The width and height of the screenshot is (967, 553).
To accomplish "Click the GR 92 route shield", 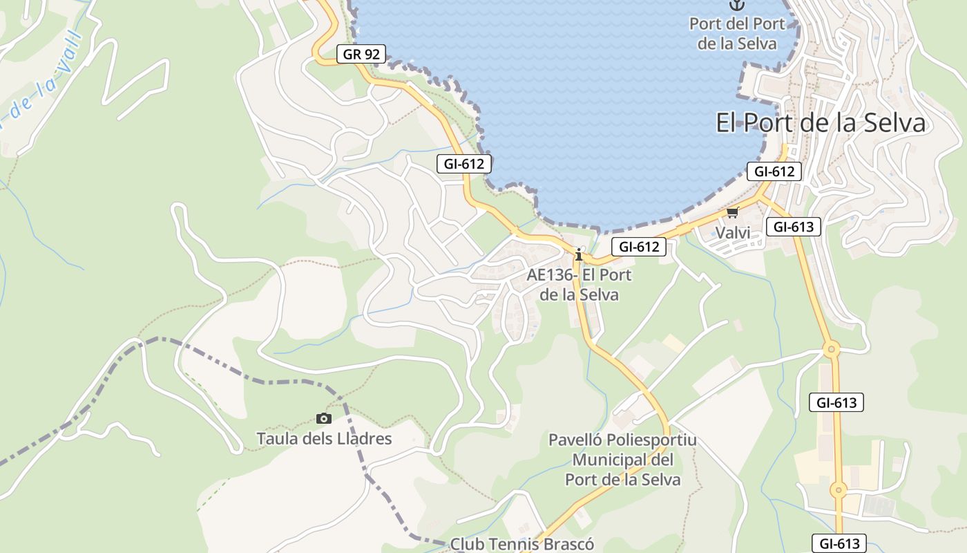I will point(361,54).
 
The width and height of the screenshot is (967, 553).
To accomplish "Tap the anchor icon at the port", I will point(738,5).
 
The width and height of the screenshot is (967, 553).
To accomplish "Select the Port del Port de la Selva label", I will point(737,33).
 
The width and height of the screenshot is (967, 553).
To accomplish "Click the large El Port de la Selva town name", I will point(820,123).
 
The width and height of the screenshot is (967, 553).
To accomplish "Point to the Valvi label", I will point(732,233).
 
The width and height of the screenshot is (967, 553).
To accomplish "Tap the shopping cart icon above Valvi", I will point(732,212).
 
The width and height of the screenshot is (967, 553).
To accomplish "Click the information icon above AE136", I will point(579,254).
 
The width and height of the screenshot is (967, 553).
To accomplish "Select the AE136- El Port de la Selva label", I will point(579,284).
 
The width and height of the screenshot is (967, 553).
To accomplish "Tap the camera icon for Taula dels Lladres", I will point(323,418).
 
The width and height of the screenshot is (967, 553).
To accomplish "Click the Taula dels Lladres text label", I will point(324,439).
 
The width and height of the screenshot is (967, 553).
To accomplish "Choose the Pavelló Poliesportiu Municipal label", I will point(622,460).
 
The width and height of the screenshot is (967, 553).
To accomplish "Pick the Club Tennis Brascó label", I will point(521,544).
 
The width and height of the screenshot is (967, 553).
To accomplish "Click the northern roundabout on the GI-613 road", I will point(831,349).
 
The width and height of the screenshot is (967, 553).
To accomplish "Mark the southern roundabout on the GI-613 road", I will point(838,489).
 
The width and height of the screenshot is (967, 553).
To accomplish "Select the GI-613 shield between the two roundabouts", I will point(836,402).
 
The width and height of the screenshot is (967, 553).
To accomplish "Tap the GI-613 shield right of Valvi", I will point(793,227).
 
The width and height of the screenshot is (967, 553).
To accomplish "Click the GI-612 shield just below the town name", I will point(774,171).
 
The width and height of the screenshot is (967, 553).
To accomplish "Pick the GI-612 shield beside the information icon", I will point(638,246).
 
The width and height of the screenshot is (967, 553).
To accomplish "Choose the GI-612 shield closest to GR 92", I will point(464,164).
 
